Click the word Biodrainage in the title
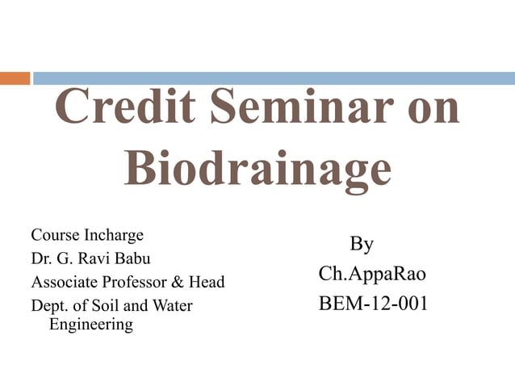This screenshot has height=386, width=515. point(257,169)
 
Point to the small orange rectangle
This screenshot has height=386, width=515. point(15,78)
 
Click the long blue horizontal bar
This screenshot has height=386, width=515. point(274,78)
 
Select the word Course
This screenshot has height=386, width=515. point(54,236)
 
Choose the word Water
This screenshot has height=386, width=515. point(172,306)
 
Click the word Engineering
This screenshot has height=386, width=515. point(91,325)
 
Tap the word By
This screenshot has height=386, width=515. point(362,244)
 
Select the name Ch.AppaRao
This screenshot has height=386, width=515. point(372,274)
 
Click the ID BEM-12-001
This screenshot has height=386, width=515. point(374,304)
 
